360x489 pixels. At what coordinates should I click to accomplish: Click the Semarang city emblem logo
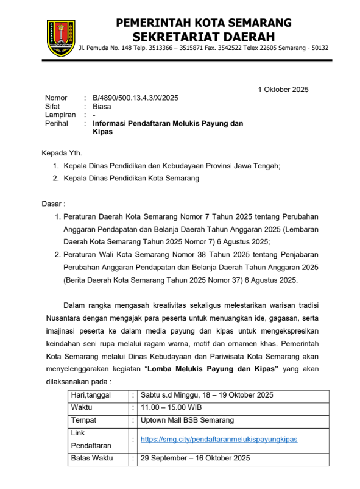61,38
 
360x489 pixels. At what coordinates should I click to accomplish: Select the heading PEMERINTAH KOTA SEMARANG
204,23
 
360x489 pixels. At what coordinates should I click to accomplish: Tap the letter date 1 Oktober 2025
283,90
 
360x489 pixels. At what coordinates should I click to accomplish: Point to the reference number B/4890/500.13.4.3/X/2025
135,98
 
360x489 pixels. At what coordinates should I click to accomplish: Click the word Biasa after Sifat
102,106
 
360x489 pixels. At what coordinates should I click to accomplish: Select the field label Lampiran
60,115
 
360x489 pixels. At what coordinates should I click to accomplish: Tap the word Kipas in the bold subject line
103,132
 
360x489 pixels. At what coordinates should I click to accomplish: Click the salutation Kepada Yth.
61,152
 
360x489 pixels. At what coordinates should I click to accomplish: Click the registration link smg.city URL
219,439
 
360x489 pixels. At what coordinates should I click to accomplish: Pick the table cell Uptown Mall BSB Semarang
187,420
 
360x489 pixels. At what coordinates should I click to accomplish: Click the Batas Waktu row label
93,458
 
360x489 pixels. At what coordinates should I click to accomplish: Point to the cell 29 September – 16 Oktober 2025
196,458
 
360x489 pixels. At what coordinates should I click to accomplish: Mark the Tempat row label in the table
84,420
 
